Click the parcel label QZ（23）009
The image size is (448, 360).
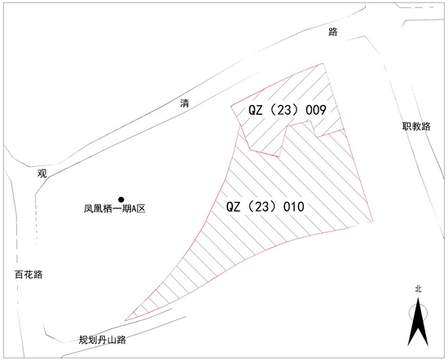point(288,110)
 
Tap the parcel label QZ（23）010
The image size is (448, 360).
point(266,207)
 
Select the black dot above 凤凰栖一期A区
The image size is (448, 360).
point(121,200)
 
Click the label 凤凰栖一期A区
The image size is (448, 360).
point(115,209)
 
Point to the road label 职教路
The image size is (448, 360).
point(416,126)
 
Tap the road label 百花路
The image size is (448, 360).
point(29,274)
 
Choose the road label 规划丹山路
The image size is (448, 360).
point(103,340)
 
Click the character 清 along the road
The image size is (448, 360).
point(185,103)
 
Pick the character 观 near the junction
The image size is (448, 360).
point(42,173)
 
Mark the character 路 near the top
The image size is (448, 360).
point(333,32)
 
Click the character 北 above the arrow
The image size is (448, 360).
point(419,289)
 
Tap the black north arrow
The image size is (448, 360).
point(419,323)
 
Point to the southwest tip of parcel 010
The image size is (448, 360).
point(125,321)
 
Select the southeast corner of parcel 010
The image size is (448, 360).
point(373,222)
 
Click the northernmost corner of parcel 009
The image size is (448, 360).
point(323,64)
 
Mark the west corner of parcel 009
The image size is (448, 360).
point(231,107)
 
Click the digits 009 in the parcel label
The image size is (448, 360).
point(316,110)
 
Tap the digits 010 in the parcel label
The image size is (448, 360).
point(294,207)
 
